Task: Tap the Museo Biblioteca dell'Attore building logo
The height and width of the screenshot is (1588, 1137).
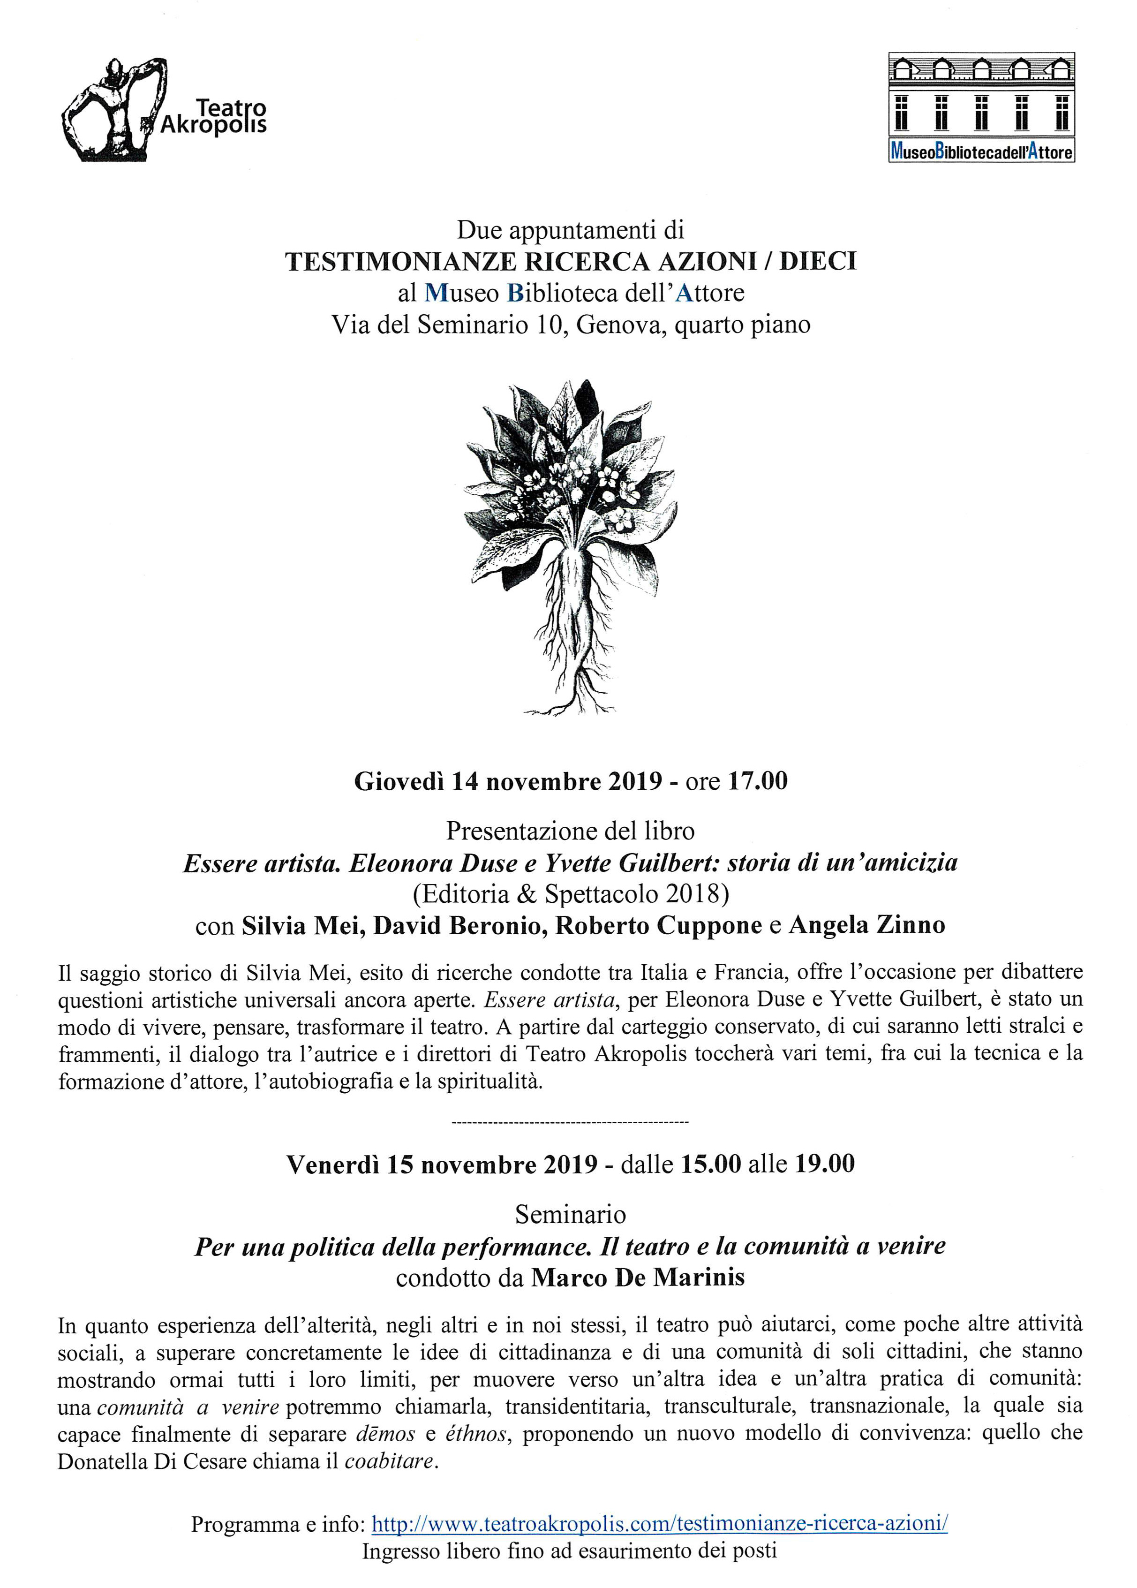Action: pyautogui.click(x=982, y=106)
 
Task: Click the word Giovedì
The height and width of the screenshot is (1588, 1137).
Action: pyautogui.click(x=399, y=781)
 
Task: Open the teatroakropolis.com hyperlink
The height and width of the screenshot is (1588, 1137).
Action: pyautogui.click(x=660, y=1524)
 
